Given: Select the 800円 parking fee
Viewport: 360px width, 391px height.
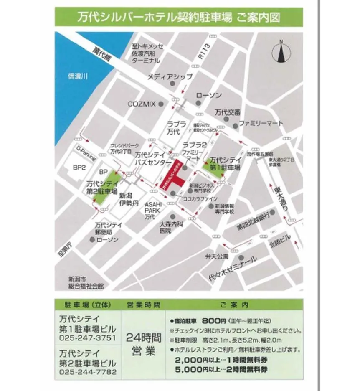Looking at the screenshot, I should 214,321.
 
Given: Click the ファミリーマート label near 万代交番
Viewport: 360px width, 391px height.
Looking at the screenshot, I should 261,124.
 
